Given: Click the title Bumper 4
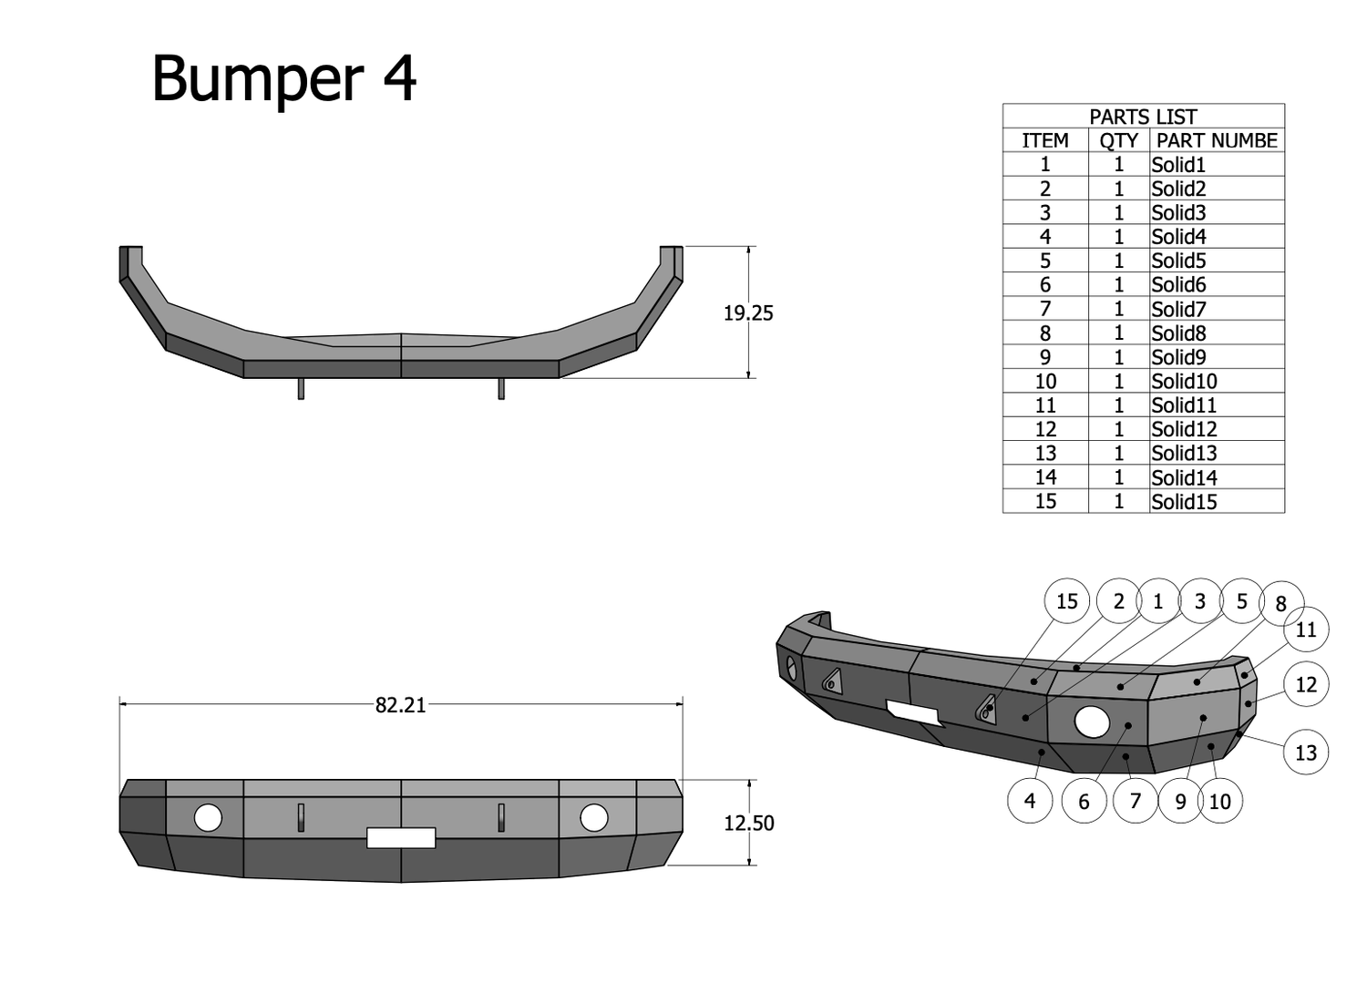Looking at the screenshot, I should click(x=283, y=78).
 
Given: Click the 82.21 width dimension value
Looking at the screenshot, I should click(x=400, y=705).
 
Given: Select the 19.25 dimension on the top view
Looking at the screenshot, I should click(x=748, y=313).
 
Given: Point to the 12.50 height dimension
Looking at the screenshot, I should click(x=748, y=824).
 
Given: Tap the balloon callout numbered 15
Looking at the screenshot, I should click(x=1066, y=601).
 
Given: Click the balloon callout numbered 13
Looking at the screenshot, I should click(x=1305, y=753).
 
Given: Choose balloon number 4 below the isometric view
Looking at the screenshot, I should click(x=1030, y=801).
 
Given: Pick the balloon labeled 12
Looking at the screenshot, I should click(x=1305, y=684).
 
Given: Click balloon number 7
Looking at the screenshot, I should click(x=1135, y=801).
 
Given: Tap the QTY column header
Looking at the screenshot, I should click(x=1118, y=140).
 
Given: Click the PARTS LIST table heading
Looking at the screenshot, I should click(x=1143, y=117).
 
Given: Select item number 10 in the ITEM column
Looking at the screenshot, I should click(x=1045, y=382).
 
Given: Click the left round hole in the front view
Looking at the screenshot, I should click(x=208, y=818).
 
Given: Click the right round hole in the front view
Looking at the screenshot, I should click(x=594, y=818).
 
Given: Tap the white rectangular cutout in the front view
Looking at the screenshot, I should click(x=401, y=838).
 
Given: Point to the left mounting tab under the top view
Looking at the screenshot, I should click(x=301, y=389).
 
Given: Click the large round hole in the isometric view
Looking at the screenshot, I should click(x=1092, y=722).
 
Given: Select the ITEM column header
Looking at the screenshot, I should click(x=1045, y=140).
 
